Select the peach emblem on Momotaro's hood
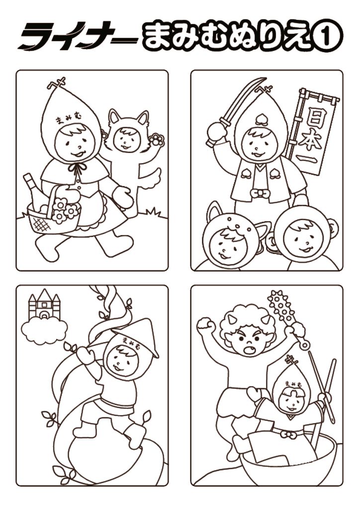(x=260, y=119)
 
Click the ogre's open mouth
(x=249, y=350)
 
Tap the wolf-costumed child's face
(x=127, y=141)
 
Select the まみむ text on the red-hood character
(x=69, y=119)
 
